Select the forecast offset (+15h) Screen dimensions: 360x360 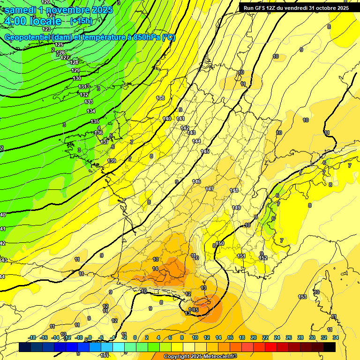81,21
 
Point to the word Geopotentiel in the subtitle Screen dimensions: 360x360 27,37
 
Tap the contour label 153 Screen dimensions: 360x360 302,297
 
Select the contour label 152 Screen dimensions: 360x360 263,258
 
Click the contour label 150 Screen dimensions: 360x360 220,243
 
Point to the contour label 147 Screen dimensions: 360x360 210,188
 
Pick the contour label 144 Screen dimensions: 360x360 196,141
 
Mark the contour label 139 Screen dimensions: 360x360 112,161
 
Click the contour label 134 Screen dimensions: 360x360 91,111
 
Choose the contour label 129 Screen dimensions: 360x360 75,70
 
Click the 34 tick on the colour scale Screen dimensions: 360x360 335,337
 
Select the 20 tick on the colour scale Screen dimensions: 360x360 254,337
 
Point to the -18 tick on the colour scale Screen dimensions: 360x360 32,337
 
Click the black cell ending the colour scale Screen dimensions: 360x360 330,347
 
